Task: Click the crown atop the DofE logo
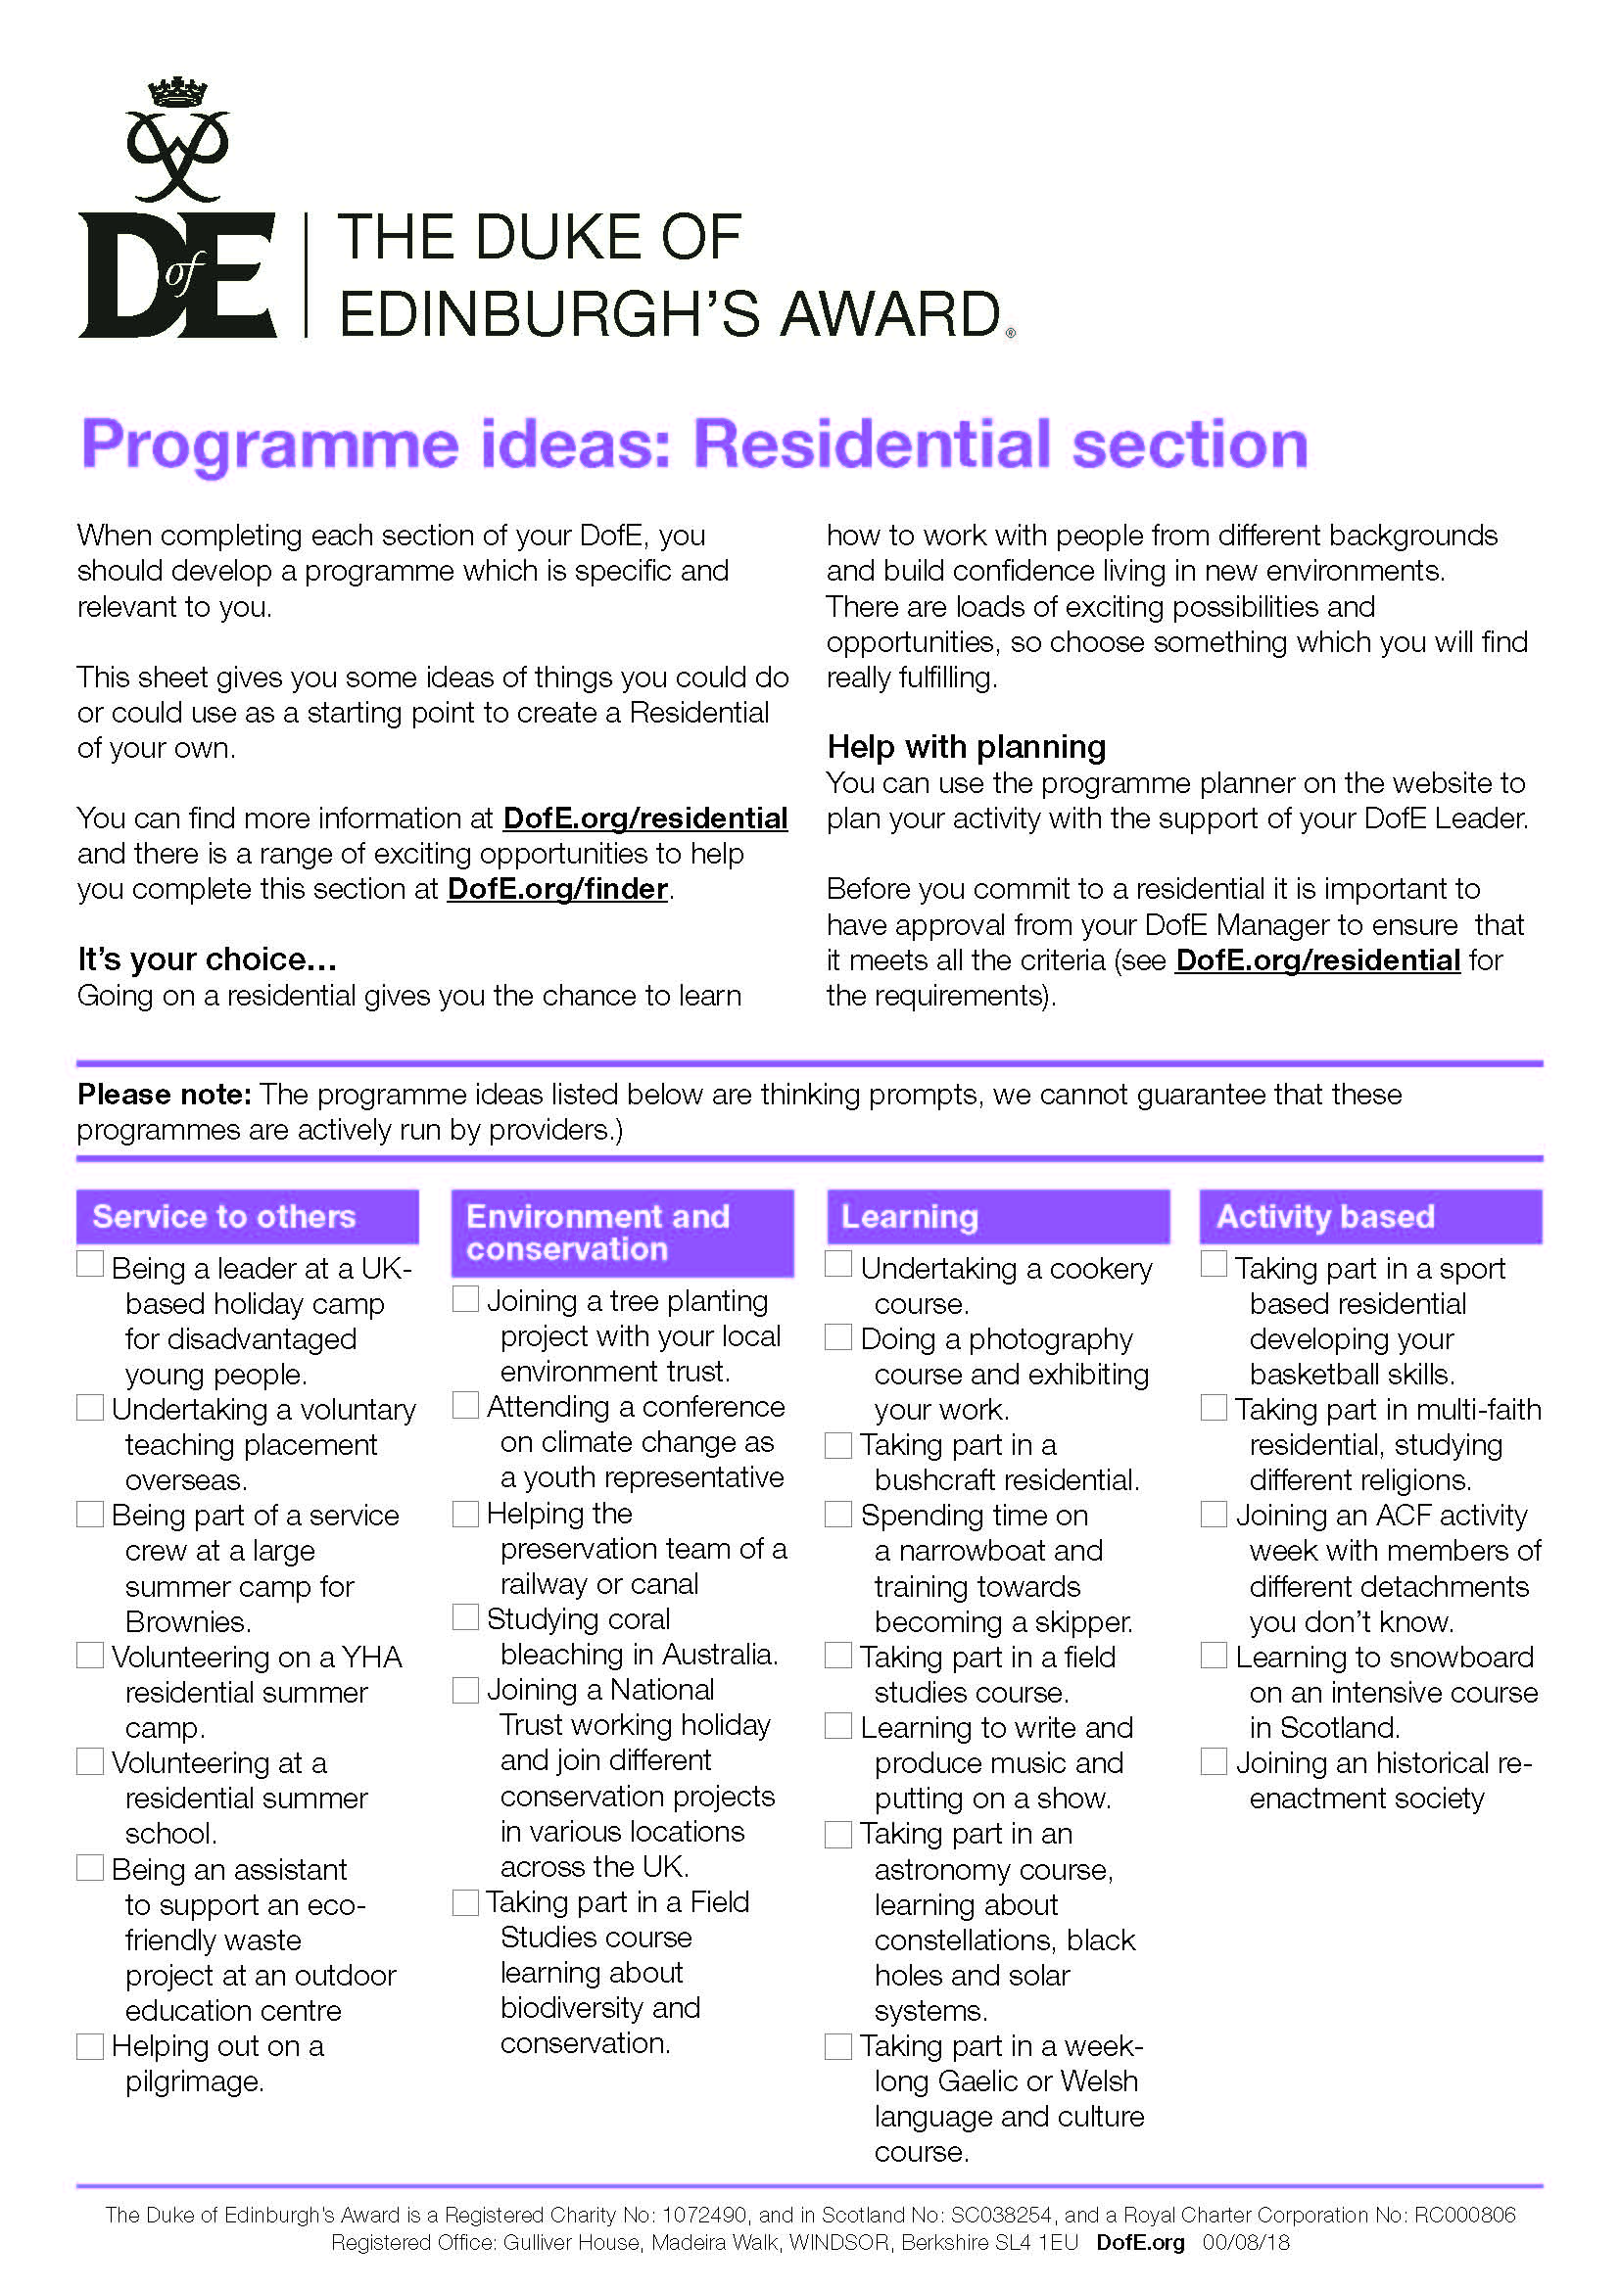point(175,93)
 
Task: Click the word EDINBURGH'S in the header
point(551,314)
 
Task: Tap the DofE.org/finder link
point(557,889)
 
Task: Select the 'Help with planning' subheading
point(966,746)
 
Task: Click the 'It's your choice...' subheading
point(207,959)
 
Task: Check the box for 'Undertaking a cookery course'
point(839,1265)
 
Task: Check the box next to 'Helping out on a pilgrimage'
point(91,2046)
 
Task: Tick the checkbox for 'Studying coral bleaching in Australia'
point(466,1616)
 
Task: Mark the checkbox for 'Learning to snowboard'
point(1214,1656)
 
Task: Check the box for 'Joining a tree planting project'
point(466,1298)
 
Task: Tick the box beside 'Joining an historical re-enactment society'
point(1214,1761)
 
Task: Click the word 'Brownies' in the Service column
point(186,1620)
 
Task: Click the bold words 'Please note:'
point(165,1095)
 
